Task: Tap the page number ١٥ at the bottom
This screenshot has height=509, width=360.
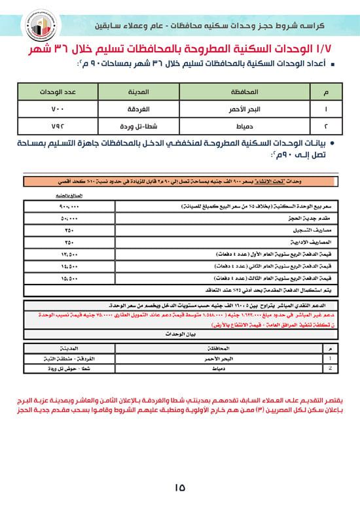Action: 180,486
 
